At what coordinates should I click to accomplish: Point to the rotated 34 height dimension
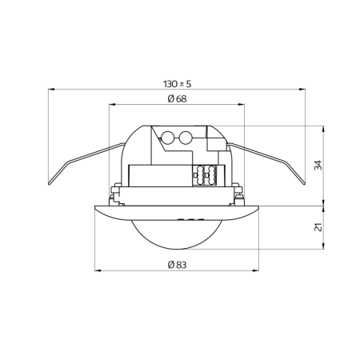pos(318,165)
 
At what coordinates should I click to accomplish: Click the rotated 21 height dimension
pos(318,228)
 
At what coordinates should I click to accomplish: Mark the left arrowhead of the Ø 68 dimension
pos(111,105)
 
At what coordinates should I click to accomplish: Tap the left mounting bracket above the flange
pos(117,192)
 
